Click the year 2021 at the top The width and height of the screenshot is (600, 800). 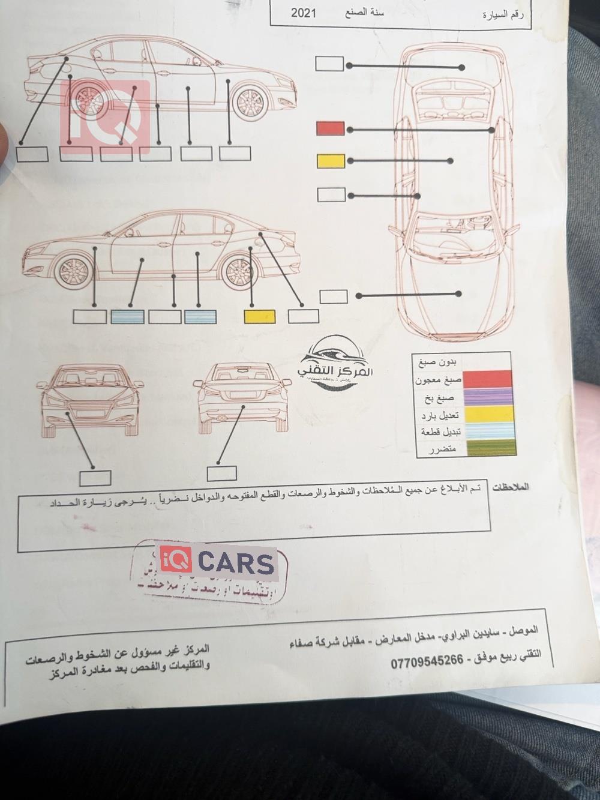pos(304,13)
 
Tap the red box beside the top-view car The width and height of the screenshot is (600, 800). pos(330,128)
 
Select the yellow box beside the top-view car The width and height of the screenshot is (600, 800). pos(331,161)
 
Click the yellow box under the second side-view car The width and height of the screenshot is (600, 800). pos(260,316)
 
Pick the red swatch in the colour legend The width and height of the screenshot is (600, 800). pos(490,379)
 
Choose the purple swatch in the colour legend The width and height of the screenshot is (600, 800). pos(490,396)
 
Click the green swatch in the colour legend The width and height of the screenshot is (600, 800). pos(490,447)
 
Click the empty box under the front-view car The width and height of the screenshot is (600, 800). pos(95,478)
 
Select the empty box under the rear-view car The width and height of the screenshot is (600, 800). pos(221,473)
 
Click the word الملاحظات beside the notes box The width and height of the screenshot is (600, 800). pos(511,488)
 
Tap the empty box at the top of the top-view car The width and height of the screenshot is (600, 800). pos(329,64)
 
